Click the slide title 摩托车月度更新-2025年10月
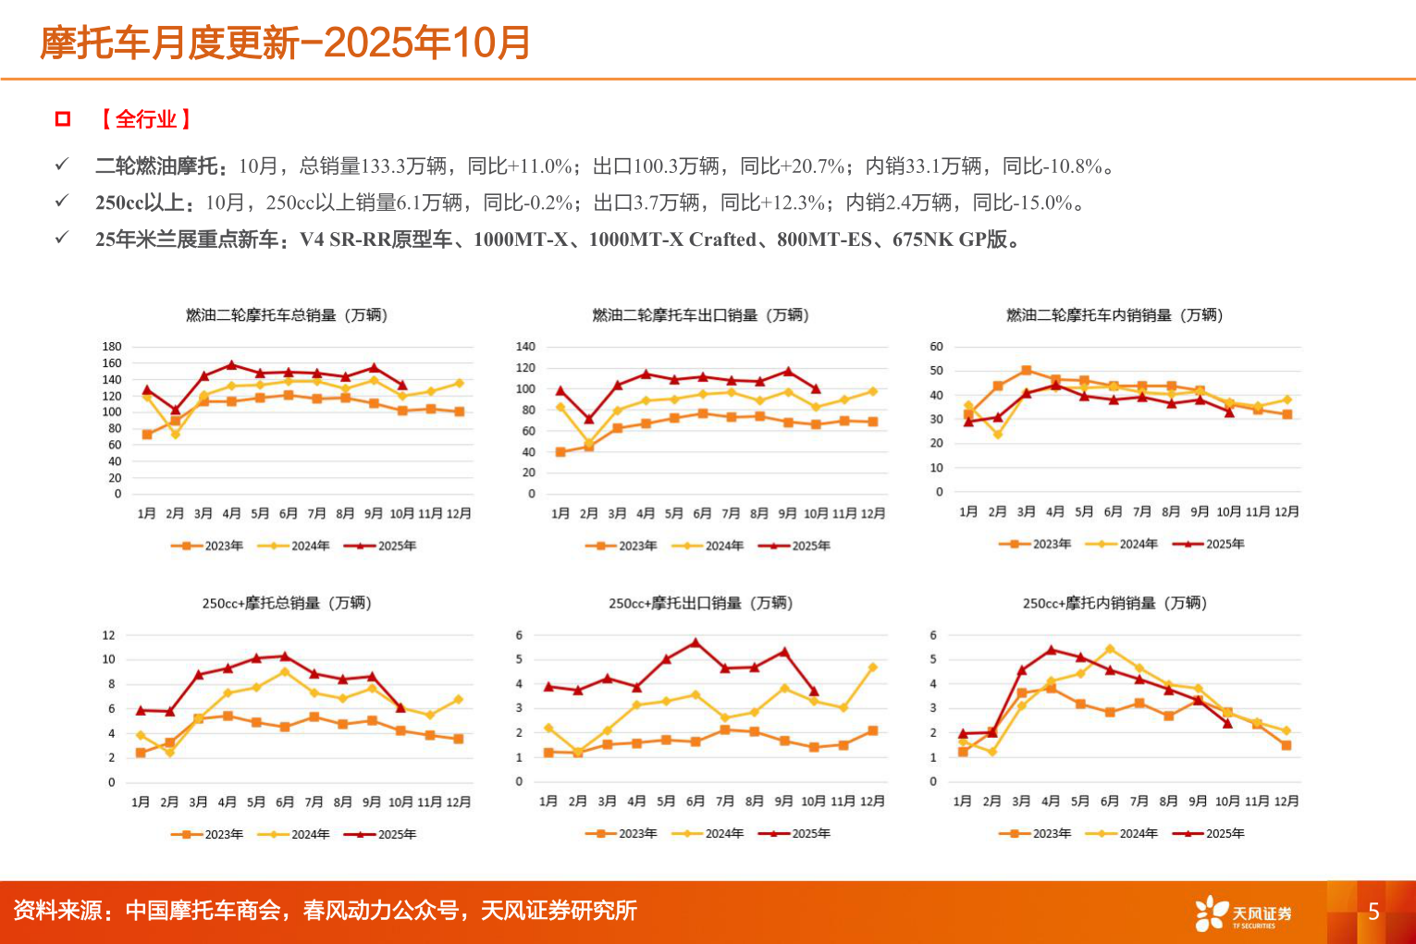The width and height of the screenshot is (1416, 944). coord(285,43)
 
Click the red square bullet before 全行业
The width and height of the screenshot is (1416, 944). coord(63,118)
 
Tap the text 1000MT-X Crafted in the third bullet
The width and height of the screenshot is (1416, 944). coord(671,239)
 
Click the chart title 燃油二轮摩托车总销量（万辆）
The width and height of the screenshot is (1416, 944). coord(287,315)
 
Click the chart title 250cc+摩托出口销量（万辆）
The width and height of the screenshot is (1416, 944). coord(700,603)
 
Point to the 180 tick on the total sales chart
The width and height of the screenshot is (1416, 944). coord(111,347)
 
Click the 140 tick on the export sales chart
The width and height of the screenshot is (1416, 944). coord(525,347)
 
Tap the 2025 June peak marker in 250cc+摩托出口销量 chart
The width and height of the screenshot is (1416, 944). coord(696,643)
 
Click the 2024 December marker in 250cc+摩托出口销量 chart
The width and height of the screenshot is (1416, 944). coord(872,668)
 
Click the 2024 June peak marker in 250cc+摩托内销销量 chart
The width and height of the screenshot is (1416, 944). coord(1110,649)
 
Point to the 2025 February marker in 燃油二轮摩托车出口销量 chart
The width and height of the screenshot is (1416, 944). coord(589,420)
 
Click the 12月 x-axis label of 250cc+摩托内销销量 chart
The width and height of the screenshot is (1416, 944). coord(1286,801)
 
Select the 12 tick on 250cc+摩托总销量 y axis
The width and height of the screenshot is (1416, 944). coord(109,635)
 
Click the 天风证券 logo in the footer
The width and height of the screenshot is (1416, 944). coord(1243,913)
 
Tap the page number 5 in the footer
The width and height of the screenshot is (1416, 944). coord(1373,912)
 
